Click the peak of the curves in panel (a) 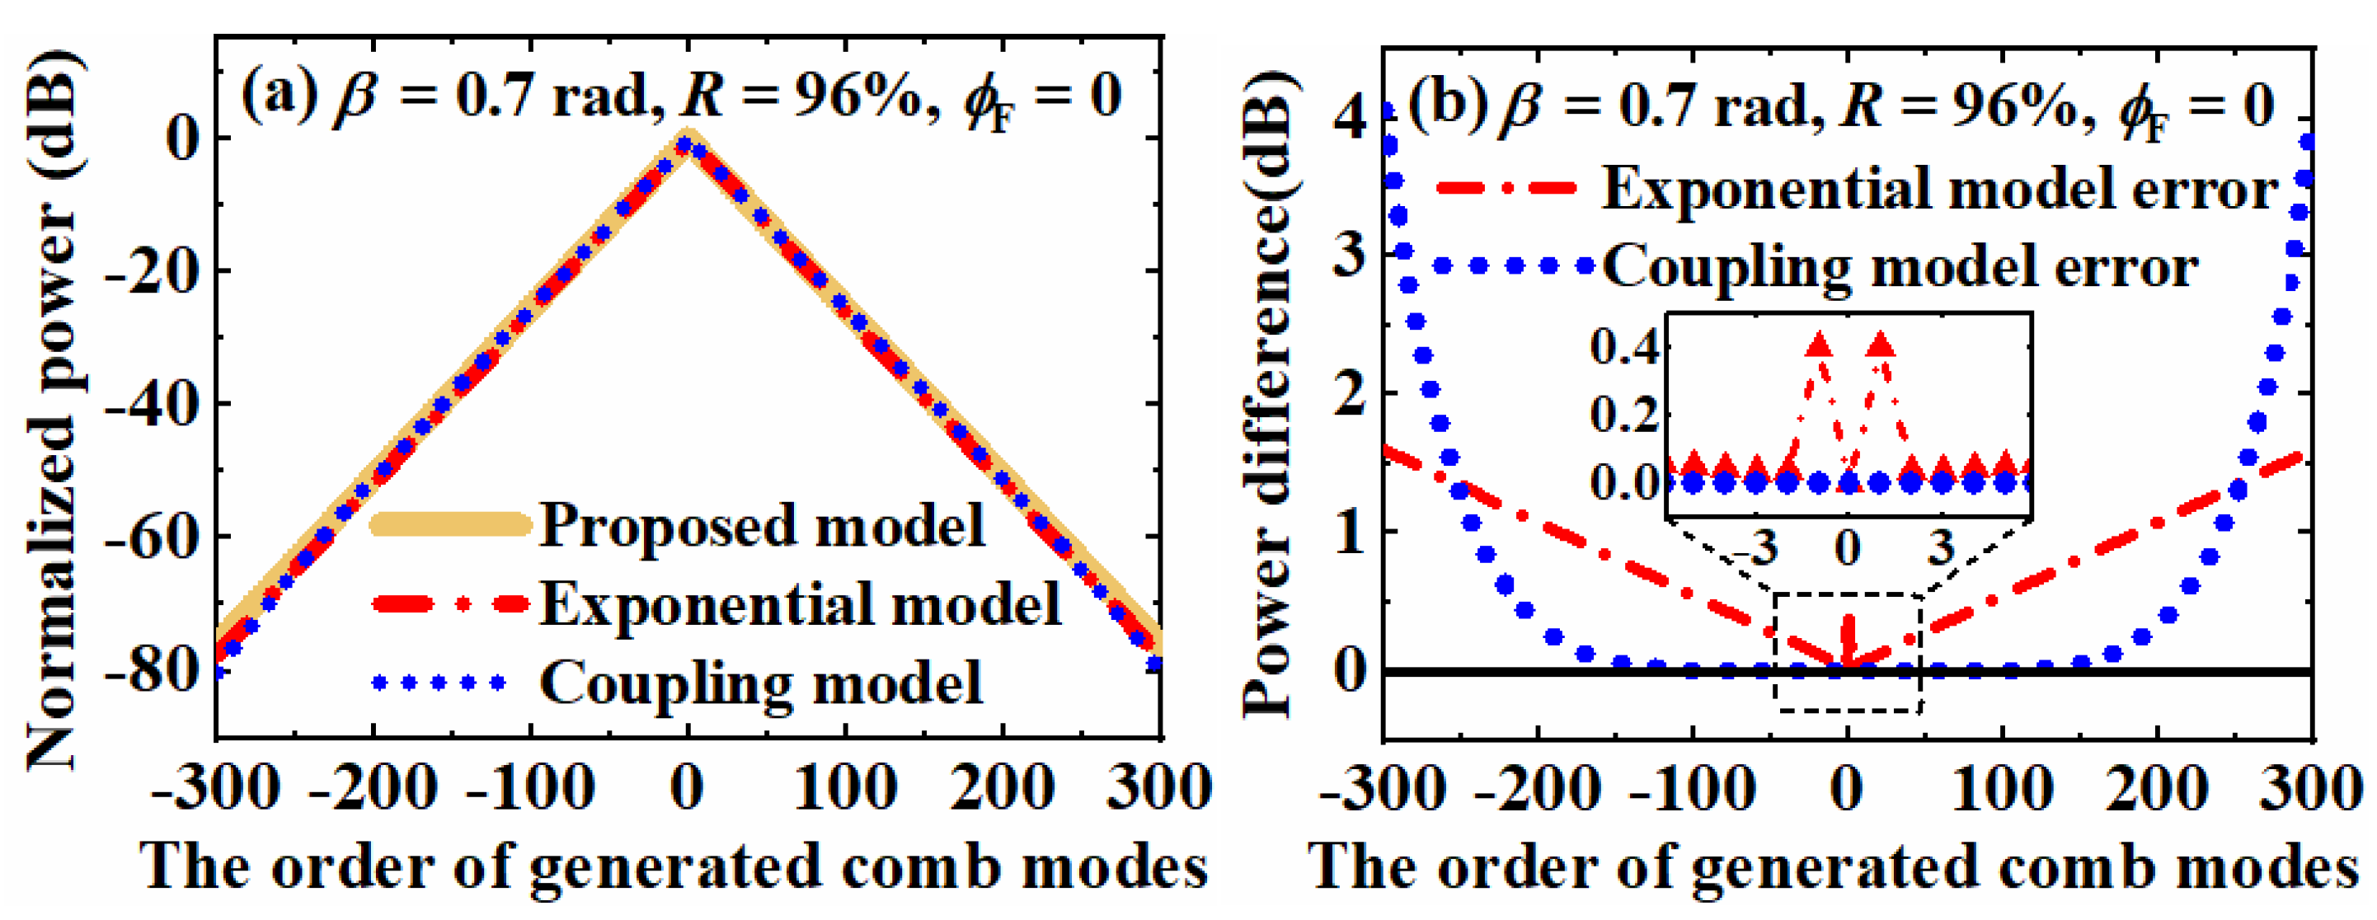tap(686, 141)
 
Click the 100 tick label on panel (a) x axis tap(844, 790)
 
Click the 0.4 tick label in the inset tap(1625, 348)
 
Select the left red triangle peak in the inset tap(1818, 346)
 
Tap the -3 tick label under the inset tap(1755, 549)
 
